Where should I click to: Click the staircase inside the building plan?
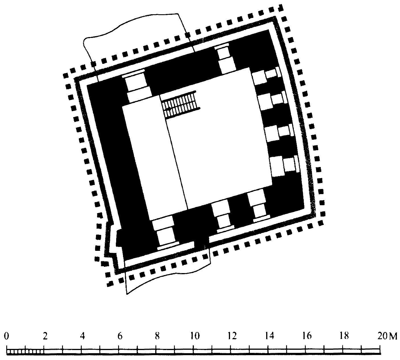point(181,105)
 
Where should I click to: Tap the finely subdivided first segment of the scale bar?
point(25,351)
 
